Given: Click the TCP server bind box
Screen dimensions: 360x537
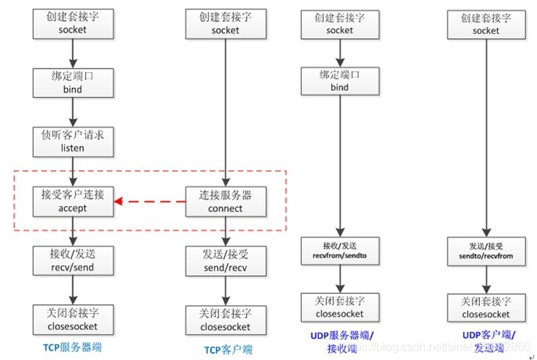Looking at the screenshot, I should pyautogui.click(x=73, y=82).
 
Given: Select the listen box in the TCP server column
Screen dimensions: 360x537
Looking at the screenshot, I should pyautogui.click(x=73, y=141).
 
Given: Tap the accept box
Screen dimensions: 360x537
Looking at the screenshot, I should pyautogui.click(x=73, y=201).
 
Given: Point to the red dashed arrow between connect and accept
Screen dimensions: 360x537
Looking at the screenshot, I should pyautogui.click(x=151, y=201).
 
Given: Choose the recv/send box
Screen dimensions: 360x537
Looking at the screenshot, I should pyautogui.click(x=73, y=260).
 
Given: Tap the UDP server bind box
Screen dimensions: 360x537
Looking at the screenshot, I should pyautogui.click(x=339, y=80).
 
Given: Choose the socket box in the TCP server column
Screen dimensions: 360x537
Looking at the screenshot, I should pyautogui.click(x=73, y=24).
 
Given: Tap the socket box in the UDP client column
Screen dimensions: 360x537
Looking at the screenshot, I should pyautogui.click(x=485, y=24).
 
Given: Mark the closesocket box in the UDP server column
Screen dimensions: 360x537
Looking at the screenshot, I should pyautogui.click(x=339, y=308).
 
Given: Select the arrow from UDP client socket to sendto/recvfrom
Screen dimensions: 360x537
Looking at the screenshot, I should pyautogui.click(x=485, y=137).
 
